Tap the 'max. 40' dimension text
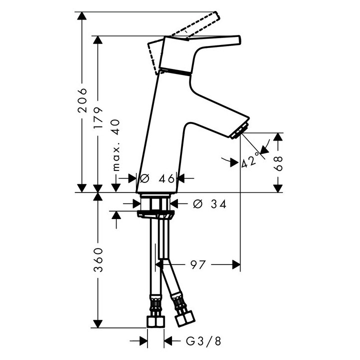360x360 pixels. click(116, 145)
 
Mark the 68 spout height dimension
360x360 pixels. click(278, 163)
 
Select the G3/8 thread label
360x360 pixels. click(203, 341)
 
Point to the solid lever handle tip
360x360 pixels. click(237, 40)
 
